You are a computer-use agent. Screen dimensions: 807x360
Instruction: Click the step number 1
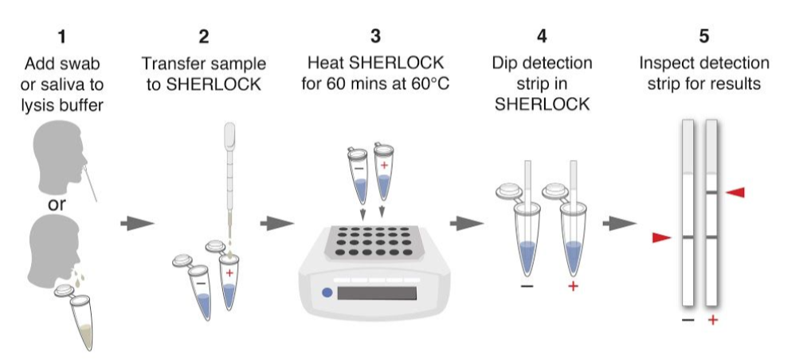[62, 37]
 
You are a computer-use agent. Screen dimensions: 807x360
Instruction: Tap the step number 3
[376, 37]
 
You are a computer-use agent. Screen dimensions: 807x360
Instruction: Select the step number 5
[704, 37]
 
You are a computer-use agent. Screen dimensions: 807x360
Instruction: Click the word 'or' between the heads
[57, 204]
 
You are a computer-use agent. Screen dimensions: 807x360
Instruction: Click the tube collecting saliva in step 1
[80, 319]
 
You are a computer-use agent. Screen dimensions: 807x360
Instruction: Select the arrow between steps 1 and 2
[137, 223]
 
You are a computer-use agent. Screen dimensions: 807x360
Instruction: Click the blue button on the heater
[327, 292]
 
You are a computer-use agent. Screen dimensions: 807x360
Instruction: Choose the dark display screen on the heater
[377, 293]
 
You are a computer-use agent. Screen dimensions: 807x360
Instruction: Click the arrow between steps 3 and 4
[467, 223]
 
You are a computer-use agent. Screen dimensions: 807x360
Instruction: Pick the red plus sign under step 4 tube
[573, 286]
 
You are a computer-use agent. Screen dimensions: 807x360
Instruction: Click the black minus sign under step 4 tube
[527, 286]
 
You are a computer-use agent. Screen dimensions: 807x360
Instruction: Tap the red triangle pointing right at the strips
[662, 237]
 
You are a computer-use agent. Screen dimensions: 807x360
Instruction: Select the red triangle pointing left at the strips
[735, 192]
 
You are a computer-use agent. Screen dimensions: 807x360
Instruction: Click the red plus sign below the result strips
[713, 320]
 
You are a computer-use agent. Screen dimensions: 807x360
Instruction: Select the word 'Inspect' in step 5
[666, 64]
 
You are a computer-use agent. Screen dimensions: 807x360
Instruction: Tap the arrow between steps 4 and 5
[620, 223]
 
